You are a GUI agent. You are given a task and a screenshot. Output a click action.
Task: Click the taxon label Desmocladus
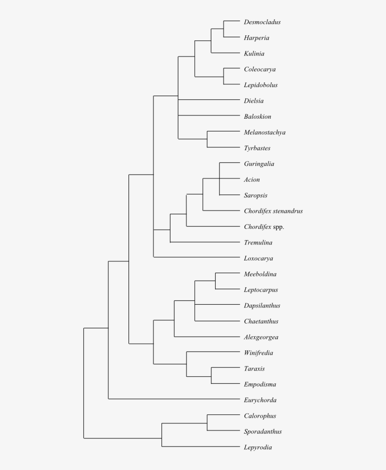pyautogui.click(x=262, y=22)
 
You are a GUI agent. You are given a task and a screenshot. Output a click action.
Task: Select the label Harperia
pyautogui.click(x=257, y=38)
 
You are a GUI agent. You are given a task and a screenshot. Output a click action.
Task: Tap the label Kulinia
pyautogui.click(x=254, y=54)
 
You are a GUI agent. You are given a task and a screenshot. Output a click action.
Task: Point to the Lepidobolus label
pyautogui.click(x=261, y=85)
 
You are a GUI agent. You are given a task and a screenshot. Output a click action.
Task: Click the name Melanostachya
pyautogui.click(x=265, y=132)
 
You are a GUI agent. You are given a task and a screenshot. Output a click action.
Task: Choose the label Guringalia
pyautogui.click(x=259, y=164)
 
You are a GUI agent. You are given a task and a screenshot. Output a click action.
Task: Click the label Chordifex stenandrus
pyautogui.click(x=273, y=211)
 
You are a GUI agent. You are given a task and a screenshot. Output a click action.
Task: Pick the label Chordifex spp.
pyautogui.click(x=264, y=227)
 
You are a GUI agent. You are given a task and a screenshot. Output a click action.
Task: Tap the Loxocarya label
pyautogui.click(x=258, y=259)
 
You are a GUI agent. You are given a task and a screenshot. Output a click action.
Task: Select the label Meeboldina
pyautogui.click(x=260, y=274)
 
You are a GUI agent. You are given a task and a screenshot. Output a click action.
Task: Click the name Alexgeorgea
pyautogui.click(x=261, y=337)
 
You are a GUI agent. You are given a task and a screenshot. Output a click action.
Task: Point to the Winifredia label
pyautogui.click(x=258, y=353)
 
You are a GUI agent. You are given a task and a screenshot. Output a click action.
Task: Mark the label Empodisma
pyautogui.click(x=260, y=384)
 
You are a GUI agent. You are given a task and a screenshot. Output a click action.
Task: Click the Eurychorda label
pyautogui.click(x=260, y=400)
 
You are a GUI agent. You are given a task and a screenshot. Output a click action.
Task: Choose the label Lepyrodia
pyautogui.click(x=257, y=447)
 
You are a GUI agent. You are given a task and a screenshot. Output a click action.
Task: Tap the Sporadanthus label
pyautogui.click(x=263, y=431)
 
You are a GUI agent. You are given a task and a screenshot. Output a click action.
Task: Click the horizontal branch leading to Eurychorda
pyautogui.click(x=174, y=399)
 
